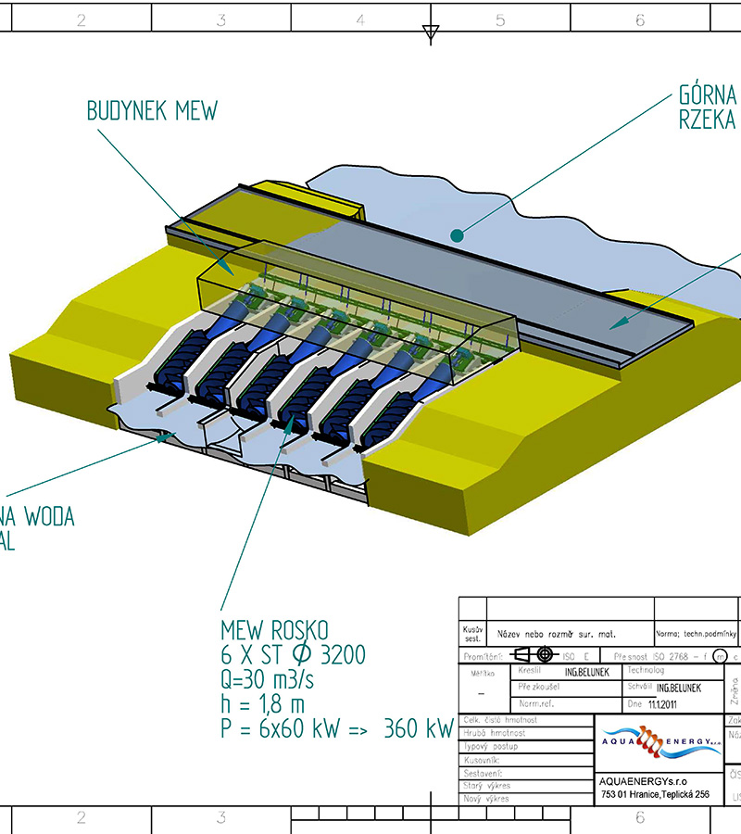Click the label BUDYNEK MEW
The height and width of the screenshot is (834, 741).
pos(152,111)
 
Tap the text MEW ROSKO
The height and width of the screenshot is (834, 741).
pos(274,631)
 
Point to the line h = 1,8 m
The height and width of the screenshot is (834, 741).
pos(262,704)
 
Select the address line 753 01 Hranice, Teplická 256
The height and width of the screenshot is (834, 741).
pos(655,794)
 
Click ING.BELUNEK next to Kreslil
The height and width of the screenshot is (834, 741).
pos(586,672)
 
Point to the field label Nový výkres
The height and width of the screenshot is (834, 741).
pos(486,798)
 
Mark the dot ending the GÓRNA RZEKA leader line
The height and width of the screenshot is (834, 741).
pos(457,236)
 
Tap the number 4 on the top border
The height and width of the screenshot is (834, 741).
pos(360,19)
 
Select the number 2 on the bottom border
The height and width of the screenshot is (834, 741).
pos(81,817)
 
